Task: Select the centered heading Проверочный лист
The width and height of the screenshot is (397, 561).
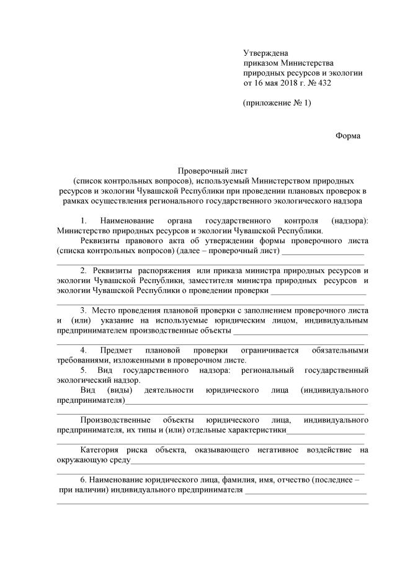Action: point(212,171)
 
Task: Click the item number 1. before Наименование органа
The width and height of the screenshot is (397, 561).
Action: point(85,221)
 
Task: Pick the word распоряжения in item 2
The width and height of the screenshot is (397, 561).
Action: point(163,271)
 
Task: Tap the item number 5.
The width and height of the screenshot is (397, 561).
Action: point(84,370)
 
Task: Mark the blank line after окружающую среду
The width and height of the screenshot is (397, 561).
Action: point(248,461)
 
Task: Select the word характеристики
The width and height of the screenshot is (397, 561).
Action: point(255,429)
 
